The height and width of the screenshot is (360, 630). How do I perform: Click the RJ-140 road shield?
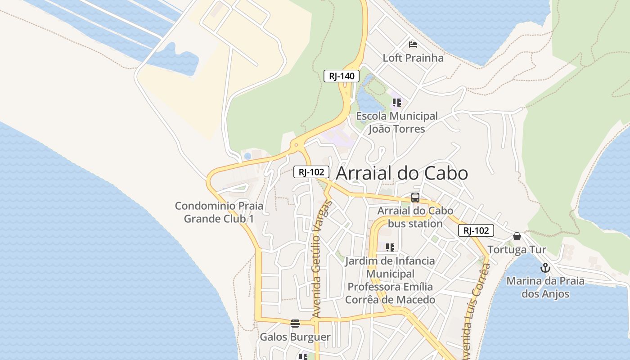coord(342,76)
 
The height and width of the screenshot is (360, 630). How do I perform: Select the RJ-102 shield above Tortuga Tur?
coord(476,231)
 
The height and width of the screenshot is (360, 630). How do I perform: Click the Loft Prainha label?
coord(413,58)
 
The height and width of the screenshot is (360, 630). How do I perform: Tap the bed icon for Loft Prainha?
coord(413,44)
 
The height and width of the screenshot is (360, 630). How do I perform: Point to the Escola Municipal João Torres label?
coord(396,122)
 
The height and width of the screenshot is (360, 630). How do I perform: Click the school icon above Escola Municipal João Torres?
coord(396,103)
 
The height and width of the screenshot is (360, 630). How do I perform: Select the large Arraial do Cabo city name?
coord(402,173)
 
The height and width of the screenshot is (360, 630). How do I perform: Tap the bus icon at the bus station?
coord(415,197)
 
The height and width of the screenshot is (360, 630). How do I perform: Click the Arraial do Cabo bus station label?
coord(415,217)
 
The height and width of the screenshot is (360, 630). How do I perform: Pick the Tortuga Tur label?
coord(517,250)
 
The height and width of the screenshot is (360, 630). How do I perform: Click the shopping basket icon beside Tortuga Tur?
coord(517,236)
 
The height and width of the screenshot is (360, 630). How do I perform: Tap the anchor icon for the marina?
coord(545,268)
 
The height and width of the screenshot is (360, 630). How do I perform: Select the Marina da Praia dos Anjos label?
coord(545,288)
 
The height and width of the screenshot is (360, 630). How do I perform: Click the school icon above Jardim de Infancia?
coord(390,247)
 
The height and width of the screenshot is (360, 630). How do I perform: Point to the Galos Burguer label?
coord(295,337)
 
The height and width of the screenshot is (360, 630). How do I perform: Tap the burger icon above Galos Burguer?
coord(295,323)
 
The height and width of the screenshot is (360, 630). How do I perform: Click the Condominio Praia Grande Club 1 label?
coord(219,212)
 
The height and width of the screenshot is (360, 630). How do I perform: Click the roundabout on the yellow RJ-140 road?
coord(296,145)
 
